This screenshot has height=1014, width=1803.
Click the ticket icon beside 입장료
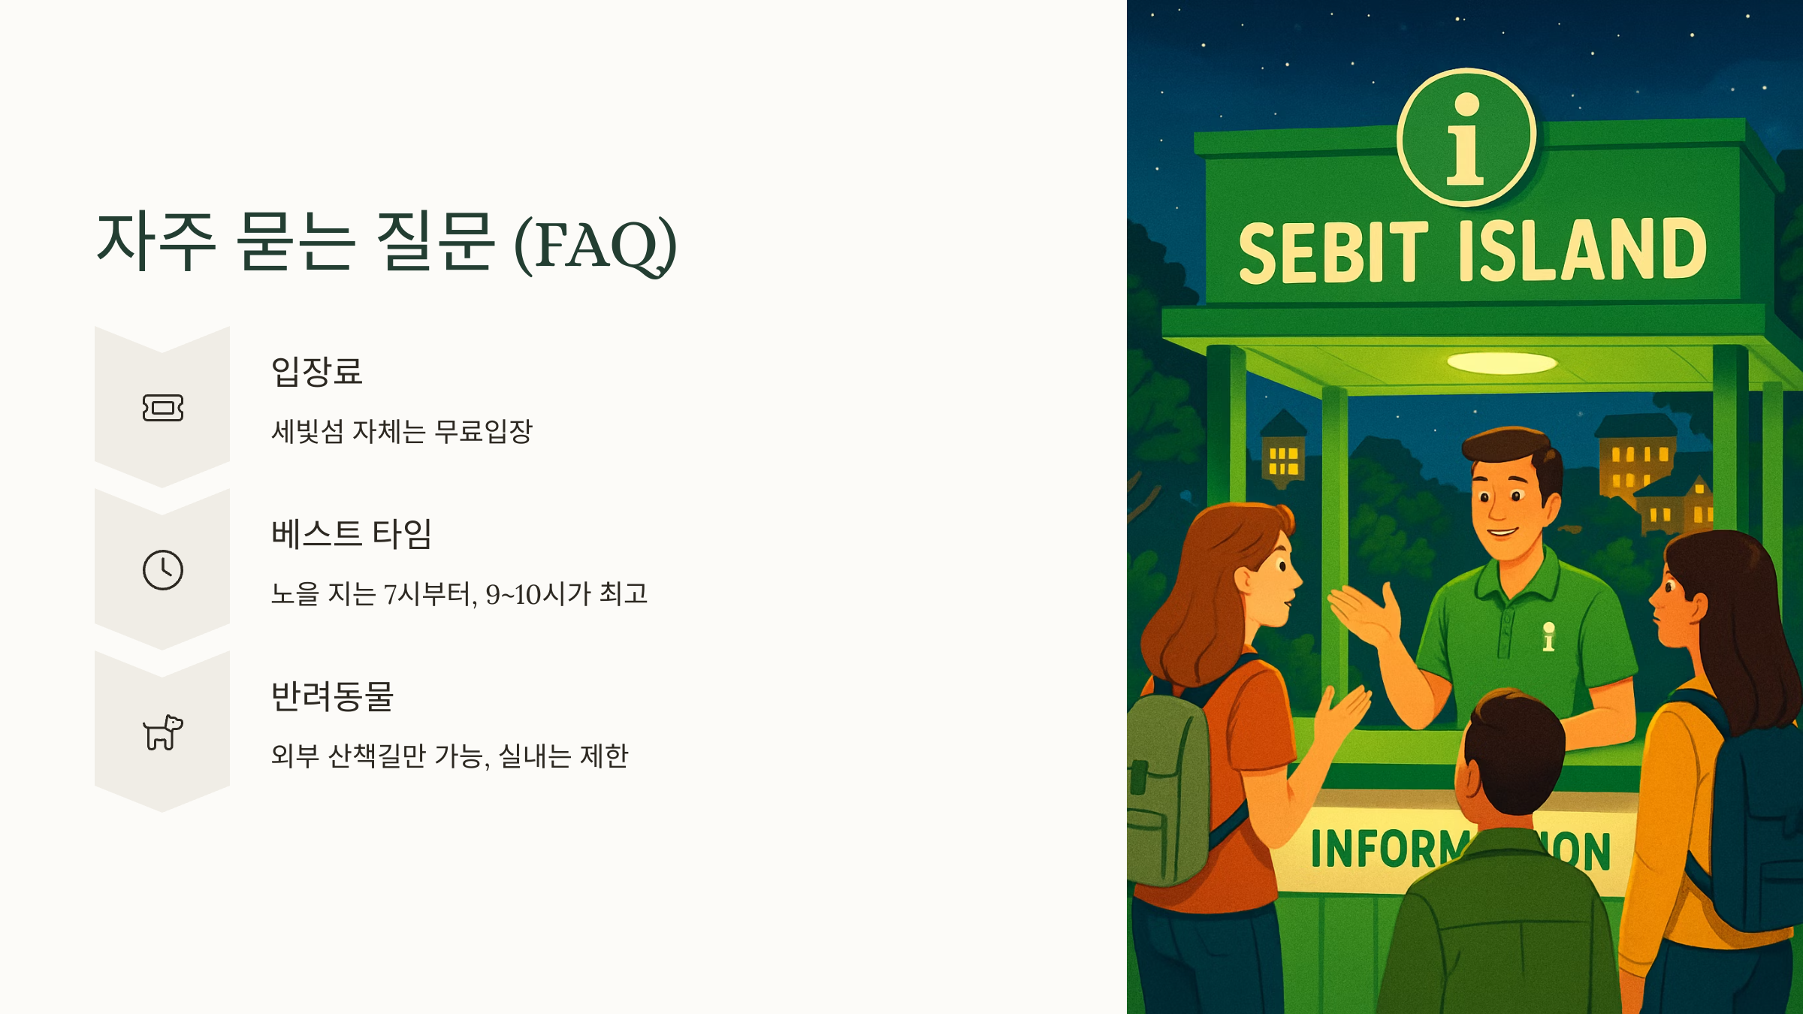tap(163, 408)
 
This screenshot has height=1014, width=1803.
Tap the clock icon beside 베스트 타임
tap(163, 570)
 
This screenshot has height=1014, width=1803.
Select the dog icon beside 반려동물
tap(163, 732)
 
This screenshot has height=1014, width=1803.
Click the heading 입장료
tap(317, 372)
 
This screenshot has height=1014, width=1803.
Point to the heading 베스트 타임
tap(352, 534)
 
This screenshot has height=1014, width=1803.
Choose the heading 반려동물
tap(333, 696)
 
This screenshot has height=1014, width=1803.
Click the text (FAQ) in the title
tap(596, 245)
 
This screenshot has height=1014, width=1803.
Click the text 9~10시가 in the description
tap(538, 594)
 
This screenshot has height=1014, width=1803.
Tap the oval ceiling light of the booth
tap(1501, 363)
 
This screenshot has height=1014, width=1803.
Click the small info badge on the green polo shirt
tap(1548, 637)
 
